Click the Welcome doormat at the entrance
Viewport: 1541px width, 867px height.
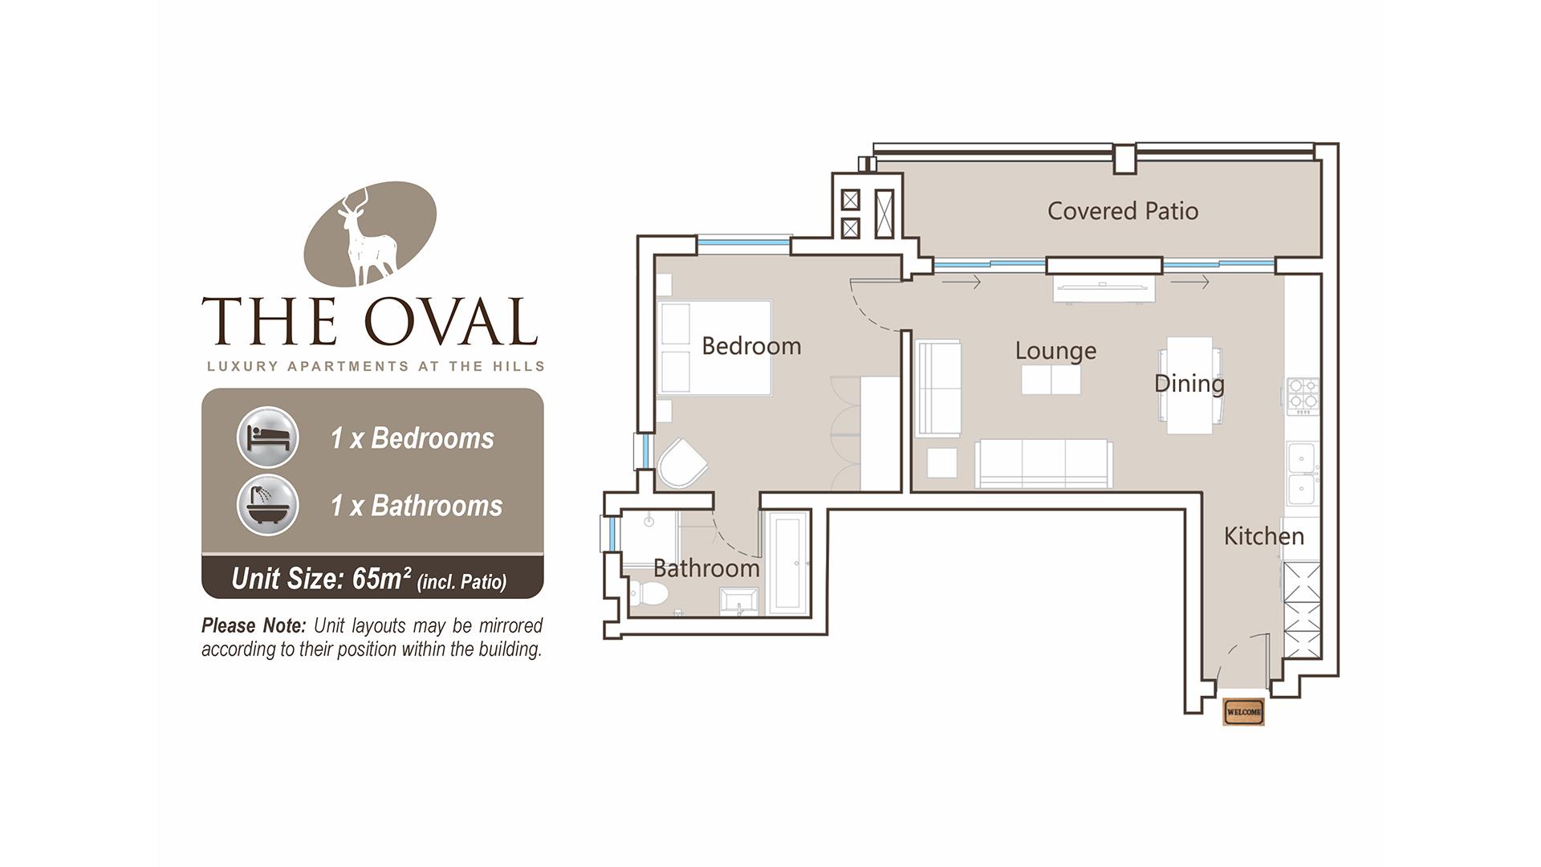(1243, 712)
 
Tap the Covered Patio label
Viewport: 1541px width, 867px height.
(1123, 211)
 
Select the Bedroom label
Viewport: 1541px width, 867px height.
(751, 346)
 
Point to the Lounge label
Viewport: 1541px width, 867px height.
(1055, 351)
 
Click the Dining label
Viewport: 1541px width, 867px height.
(1189, 384)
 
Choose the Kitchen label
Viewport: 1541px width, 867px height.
(1264, 536)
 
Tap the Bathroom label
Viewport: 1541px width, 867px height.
(706, 568)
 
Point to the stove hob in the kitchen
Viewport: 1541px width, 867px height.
(1303, 396)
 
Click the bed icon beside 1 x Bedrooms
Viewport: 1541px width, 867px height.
(268, 438)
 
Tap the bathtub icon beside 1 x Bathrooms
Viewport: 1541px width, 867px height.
(268, 506)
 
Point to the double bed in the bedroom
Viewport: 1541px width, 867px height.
(714, 348)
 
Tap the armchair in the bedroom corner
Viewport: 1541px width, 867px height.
(681, 463)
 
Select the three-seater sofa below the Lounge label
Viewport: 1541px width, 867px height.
(1043, 463)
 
